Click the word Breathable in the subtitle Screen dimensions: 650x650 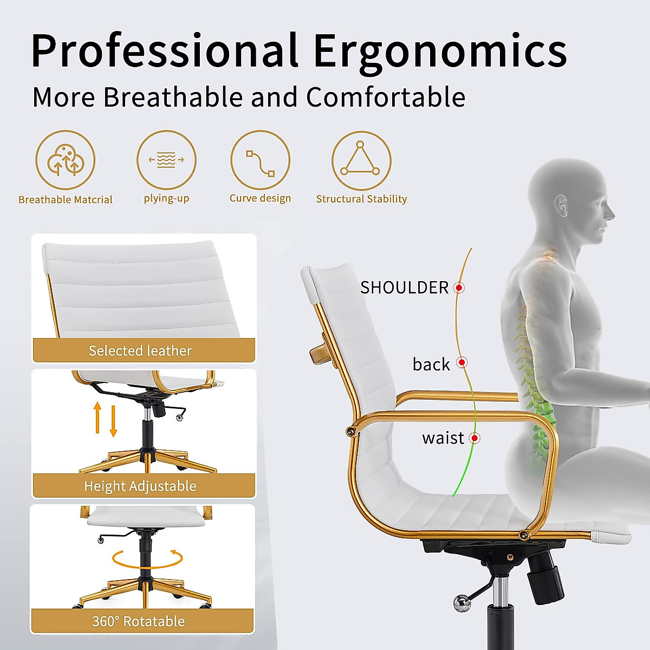173,97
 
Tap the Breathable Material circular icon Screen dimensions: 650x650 66,160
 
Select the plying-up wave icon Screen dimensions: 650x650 166,160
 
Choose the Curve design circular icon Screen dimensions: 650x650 261,160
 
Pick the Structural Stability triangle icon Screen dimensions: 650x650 361,160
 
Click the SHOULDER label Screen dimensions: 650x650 404,288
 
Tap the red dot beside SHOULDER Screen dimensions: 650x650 459,288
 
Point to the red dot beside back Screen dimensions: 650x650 462,362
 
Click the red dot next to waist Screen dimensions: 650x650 474,438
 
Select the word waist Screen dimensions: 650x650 443,438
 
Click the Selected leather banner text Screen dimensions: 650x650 140,351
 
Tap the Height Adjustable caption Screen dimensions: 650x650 140,486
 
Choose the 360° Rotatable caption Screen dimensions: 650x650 139,621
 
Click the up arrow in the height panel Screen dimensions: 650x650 97,417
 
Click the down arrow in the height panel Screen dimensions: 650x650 113,421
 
